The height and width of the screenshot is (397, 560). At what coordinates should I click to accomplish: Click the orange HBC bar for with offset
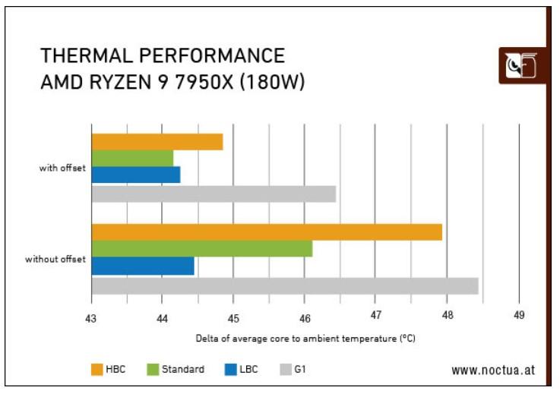[157, 142]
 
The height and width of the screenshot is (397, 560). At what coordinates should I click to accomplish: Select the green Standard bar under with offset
[132, 158]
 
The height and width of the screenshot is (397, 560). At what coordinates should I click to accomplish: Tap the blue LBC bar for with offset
[135, 175]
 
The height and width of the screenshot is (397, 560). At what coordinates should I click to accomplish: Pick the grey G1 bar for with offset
[214, 194]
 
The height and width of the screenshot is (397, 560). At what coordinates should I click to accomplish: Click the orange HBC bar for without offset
[266, 232]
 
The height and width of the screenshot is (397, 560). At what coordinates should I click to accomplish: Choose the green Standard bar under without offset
[201, 249]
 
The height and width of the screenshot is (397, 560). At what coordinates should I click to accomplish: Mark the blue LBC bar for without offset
[142, 266]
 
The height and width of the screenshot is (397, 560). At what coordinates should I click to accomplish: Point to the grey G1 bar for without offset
[284, 285]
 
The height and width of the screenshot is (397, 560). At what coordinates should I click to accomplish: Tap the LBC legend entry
[242, 370]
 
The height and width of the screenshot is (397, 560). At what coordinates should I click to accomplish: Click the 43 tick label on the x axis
[90, 317]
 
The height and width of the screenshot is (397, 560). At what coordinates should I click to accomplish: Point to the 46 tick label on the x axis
[304, 317]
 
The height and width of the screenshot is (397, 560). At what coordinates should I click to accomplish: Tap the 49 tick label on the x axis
[518, 317]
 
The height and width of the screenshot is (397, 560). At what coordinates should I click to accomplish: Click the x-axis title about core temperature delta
[305, 338]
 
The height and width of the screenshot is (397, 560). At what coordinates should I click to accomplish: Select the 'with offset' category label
[62, 168]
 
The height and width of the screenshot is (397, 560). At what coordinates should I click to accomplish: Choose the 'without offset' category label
[55, 260]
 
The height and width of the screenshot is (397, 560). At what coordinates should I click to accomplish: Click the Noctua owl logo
[521, 66]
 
